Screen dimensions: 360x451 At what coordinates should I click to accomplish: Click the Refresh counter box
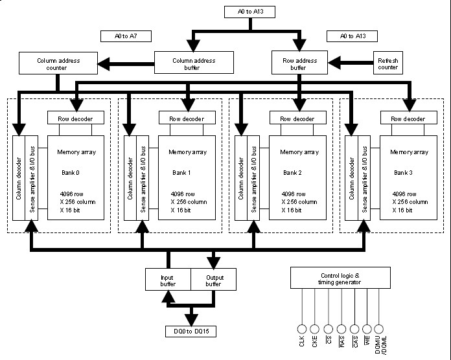click(388, 63)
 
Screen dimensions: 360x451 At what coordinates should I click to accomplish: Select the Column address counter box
click(59, 64)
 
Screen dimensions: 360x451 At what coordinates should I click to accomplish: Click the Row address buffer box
click(298, 63)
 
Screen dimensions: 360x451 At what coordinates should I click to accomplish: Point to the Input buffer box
click(168, 279)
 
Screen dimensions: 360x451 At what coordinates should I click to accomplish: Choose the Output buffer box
click(213, 279)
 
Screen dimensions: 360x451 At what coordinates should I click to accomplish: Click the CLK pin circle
click(301, 328)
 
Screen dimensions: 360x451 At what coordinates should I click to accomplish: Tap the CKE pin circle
click(314, 328)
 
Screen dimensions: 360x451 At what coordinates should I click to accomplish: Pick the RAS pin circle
click(341, 328)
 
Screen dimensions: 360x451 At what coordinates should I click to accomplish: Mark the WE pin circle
click(367, 328)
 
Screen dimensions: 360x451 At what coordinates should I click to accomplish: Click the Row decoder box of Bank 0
click(75, 118)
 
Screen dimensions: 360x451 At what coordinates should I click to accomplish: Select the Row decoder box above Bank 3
click(408, 118)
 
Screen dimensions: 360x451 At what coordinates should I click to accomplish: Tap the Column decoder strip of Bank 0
click(19, 177)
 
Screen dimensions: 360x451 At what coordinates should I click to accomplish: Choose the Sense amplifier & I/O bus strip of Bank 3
click(364, 177)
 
